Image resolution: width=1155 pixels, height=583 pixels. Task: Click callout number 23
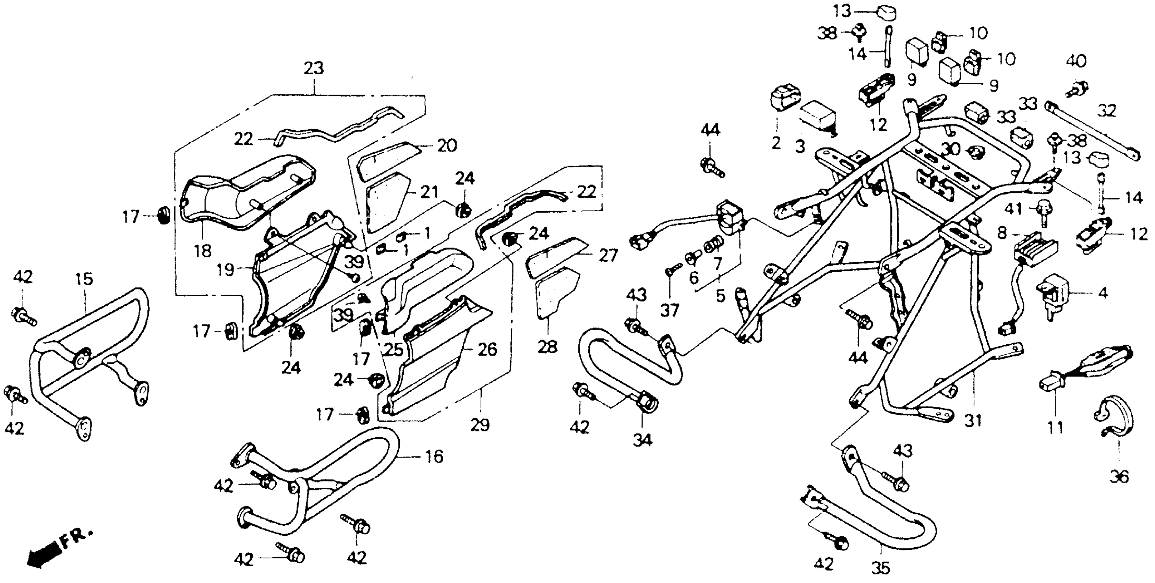(x=313, y=69)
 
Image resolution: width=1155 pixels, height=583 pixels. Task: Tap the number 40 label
(x=1076, y=61)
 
